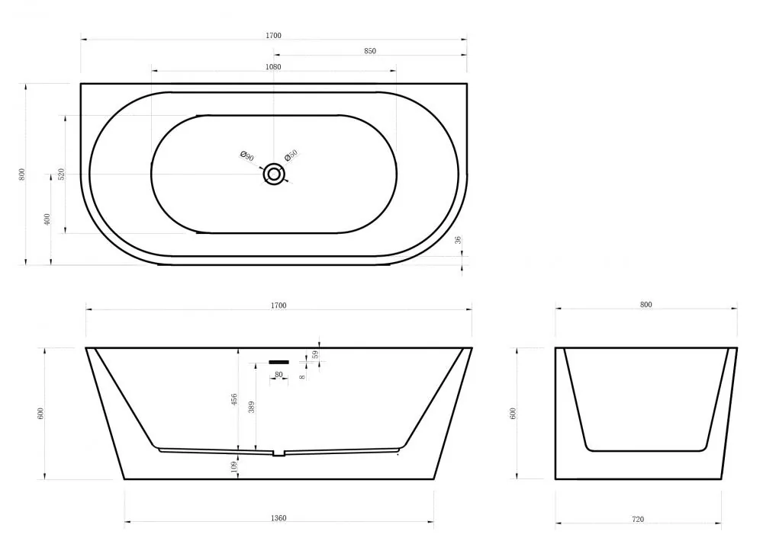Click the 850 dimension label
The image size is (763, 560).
tap(370, 51)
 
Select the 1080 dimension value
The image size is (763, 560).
tap(273, 67)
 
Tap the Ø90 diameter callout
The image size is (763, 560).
tap(247, 156)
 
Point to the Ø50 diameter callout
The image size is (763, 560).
tap(291, 155)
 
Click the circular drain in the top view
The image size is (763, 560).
tap(274, 174)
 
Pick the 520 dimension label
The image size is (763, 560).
tap(61, 174)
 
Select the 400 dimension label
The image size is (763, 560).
tap(47, 219)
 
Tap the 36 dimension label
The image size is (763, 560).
tap(457, 240)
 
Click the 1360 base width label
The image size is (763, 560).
tap(278, 518)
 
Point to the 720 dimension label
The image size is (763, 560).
tap(638, 519)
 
